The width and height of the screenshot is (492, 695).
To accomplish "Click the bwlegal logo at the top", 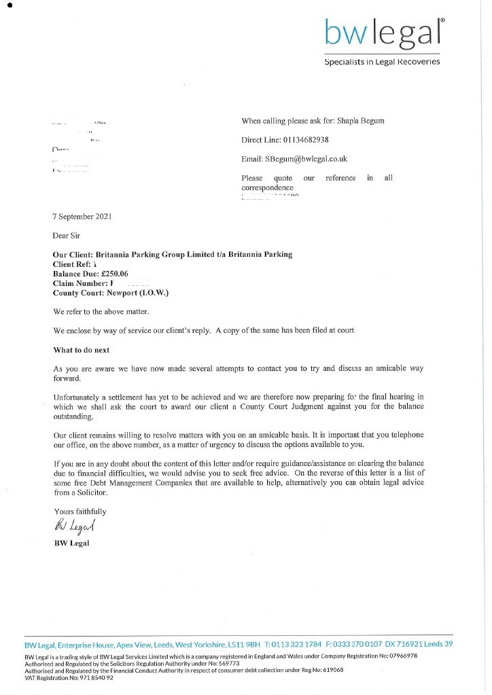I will click(x=385, y=31).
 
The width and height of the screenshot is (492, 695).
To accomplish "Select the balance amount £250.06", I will click(x=114, y=274).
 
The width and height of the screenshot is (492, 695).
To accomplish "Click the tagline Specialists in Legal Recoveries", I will click(x=382, y=62).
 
